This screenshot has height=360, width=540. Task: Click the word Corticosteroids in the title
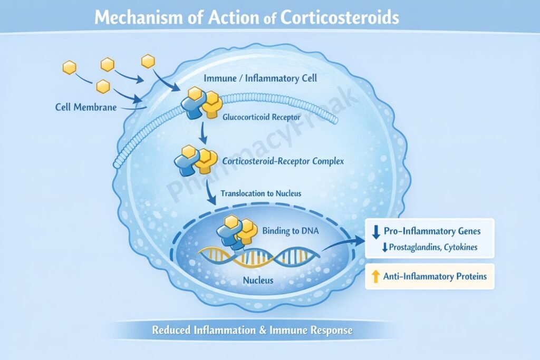[340, 18]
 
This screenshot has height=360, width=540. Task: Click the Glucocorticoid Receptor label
[259, 118]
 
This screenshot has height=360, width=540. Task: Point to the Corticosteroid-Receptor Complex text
[283, 161]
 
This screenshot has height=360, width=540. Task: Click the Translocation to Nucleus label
[261, 193]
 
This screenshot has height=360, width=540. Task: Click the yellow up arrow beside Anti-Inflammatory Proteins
[376, 276]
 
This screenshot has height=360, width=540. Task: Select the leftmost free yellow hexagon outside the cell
[69, 67]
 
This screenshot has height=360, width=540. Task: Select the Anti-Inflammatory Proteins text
[436, 276]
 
